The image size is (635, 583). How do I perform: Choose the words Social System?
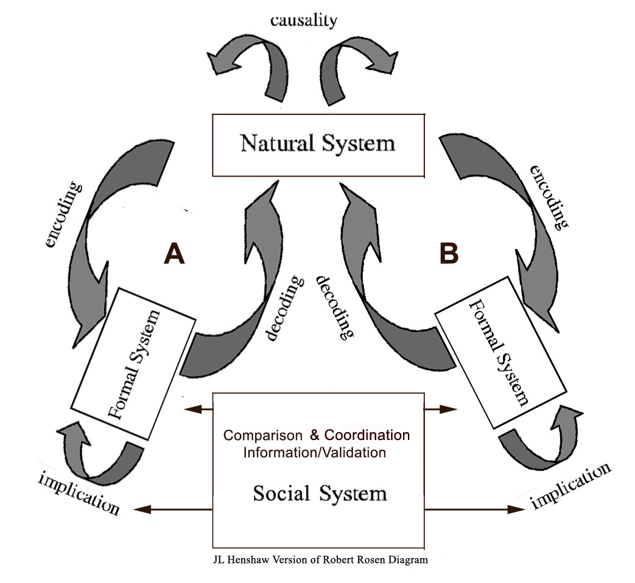click(x=320, y=492)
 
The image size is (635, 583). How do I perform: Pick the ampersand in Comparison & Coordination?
click(x=314, y=436)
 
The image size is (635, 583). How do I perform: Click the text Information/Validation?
click(x=314, y=452)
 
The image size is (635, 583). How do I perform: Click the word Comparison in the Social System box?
click(x=262, y=436)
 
